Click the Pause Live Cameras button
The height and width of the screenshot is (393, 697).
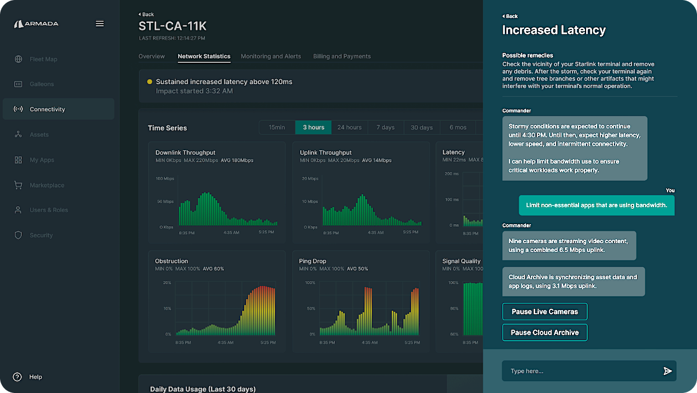point(545,312)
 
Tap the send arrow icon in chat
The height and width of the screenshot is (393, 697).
point(667,371)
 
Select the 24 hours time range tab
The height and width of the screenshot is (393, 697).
point(349,127)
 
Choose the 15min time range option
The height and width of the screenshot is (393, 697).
point(277,127)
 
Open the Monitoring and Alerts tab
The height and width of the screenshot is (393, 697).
point(270,56)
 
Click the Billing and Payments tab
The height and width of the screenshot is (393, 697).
point(341,56)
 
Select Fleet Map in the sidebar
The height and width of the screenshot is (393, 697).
point(43,59)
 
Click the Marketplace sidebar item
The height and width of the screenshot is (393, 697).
point(47,185)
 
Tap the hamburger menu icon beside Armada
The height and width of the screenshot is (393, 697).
point(99,24)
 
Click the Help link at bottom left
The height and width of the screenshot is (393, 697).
point(36,377)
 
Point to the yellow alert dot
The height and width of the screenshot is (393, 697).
point(150,82)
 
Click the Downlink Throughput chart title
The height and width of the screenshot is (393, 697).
point(185,152)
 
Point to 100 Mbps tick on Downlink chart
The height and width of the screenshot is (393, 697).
point(164,179)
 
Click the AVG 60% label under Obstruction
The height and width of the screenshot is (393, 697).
point(213,269)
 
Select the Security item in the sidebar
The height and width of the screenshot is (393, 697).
point(41,236)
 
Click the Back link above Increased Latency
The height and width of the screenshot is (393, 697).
point(510,16)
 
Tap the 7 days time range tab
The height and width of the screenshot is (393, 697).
point(385,127)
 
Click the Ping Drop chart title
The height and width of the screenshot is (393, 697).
point(312,261)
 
